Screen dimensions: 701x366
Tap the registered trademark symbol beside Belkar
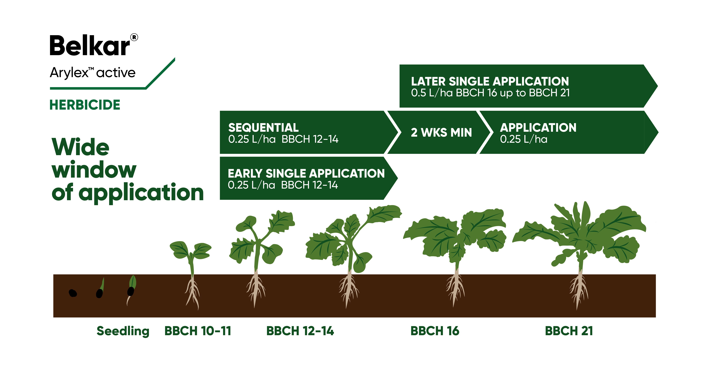[134, 37]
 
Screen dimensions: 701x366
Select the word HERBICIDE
[85, 105]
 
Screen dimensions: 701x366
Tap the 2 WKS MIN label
[441, 133]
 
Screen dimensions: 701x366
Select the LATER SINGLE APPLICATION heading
[490, 81]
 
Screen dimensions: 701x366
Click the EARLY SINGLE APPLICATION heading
[306, 173]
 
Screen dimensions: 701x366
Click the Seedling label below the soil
[123, 331]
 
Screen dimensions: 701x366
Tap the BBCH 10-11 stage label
[198, 331]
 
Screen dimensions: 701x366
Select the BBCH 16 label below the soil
[435, 331]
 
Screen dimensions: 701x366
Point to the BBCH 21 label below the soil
[569, 331]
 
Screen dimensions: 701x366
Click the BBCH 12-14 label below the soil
[300, 331]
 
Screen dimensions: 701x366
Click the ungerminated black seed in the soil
[73, 293]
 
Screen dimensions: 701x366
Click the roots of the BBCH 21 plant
[579, 291]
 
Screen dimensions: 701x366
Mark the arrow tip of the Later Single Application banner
[658, 86]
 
